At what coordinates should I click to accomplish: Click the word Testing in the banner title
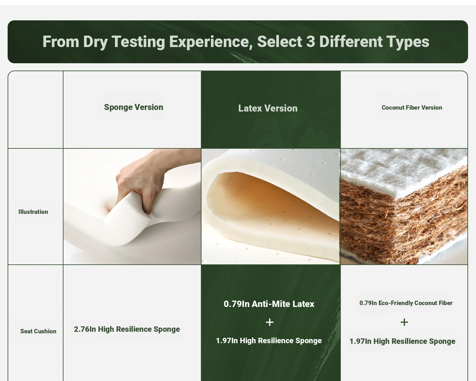pyautogui.click(x=138, y=42)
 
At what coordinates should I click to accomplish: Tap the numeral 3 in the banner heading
pyautogui.click(x=311, y=41)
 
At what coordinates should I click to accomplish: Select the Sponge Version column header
pyautogui.click(x=134, y=107)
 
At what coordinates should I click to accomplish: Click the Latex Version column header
pyautogui.click(x=268, y=108)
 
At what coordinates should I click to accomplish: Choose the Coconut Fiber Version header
pyautogui.click(x=412, y=108)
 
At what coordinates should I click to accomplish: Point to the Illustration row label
pyautogui.click(x=33, y=212)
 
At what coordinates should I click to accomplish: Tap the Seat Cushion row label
pyautogui.click(x=38, y=331)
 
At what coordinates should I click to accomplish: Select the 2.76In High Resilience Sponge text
pyautogui.click(x=127, y=329)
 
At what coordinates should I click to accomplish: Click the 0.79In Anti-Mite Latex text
pyautogui.click(x=269, y=304)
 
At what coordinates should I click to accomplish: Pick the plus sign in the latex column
pyautogui.click(x=270, y=322)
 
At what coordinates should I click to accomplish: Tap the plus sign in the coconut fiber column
pyautogui.click(x=404, y=322)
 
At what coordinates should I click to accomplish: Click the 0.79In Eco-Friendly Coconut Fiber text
pyautogui.click(x=406, y=303)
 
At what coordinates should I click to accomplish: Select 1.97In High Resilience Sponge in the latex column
pyautogui.click(x=269, y=341)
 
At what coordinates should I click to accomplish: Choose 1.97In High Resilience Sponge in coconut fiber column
pyautogui.click(x=402, y=341)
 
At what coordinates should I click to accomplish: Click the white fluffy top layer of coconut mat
pyautogui.click(x=398, y=168)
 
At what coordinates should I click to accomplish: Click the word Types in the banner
pyautogui.click(x=408, y=42)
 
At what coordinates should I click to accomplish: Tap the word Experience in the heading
pyautogui.click(x=211, y=42)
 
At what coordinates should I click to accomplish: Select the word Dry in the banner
pyautogui.click(x=95, y=42)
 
